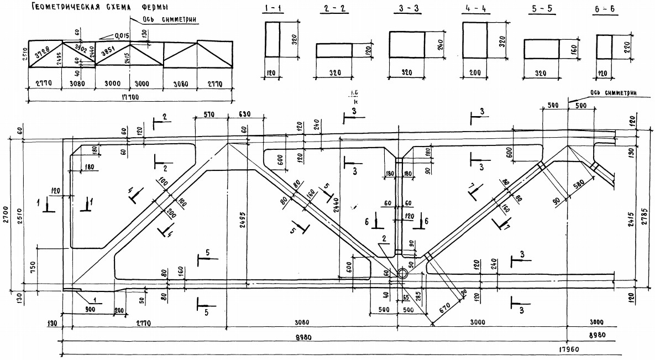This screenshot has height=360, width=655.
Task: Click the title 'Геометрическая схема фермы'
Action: click(x=99, y=8)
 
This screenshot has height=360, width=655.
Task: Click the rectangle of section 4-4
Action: click(x=475, y=40)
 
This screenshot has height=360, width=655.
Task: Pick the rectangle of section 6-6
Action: click(x=604, y=47)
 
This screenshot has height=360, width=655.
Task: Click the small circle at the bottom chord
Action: click(x=402, y=273)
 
